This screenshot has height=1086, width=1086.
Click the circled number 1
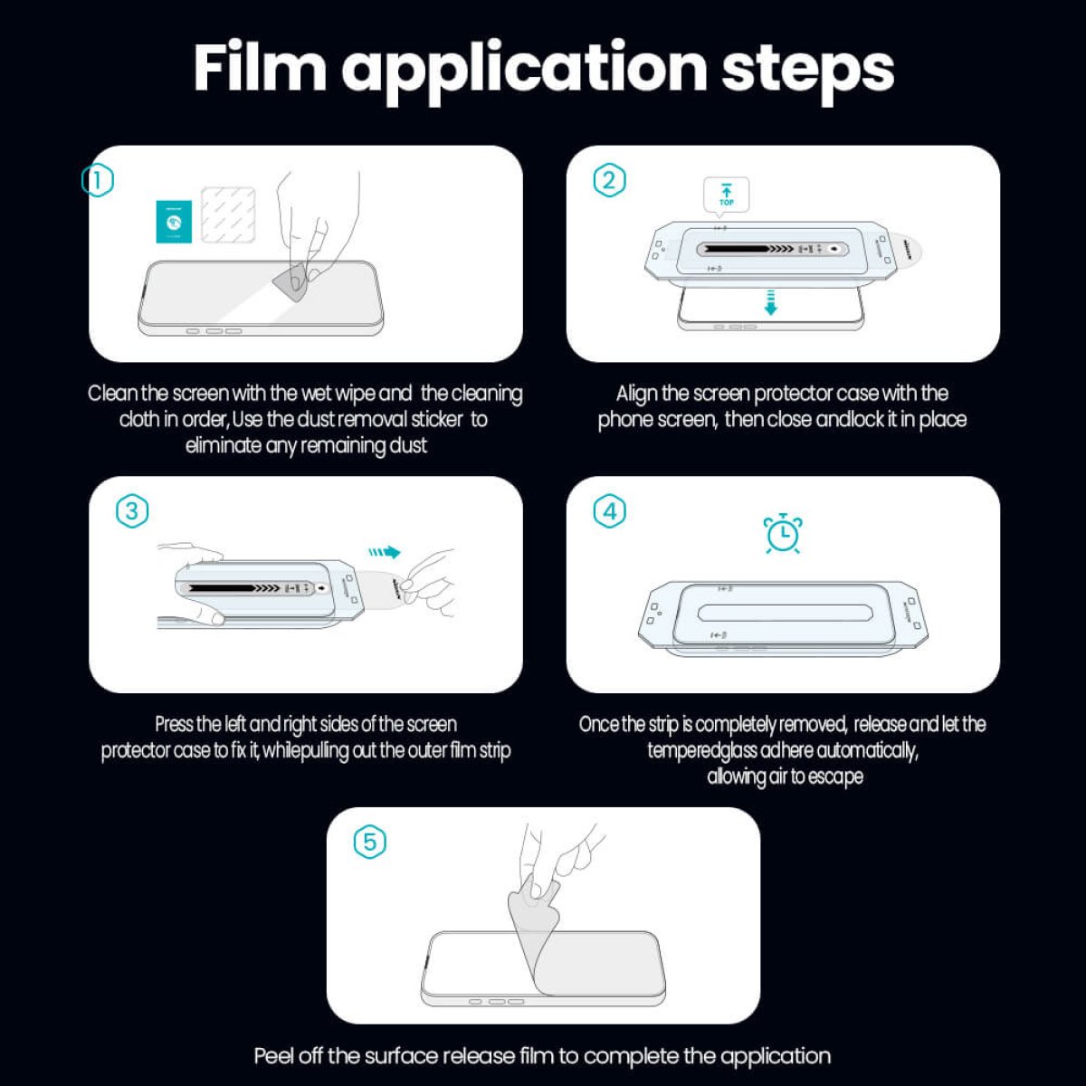point(98,180)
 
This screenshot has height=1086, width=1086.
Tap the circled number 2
point(609,180)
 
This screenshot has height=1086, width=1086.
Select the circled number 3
point(132,511)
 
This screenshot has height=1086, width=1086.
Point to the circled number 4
point(609,511)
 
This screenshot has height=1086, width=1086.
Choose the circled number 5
point(369,842)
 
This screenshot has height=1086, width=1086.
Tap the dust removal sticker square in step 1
point(226,214)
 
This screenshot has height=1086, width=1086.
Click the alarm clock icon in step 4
point(782,534)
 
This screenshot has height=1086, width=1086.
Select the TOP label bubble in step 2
point(727,195)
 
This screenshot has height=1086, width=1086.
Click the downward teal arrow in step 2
point(770,302)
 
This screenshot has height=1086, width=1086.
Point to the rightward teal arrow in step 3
point(385,551)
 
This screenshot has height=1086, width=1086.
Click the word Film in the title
point(259,68)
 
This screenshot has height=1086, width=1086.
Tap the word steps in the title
point(807,68)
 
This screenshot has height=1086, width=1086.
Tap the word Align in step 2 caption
point(636,394)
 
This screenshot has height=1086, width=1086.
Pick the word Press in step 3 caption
point(174,724)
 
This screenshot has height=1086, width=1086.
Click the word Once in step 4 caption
point(598,724)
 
